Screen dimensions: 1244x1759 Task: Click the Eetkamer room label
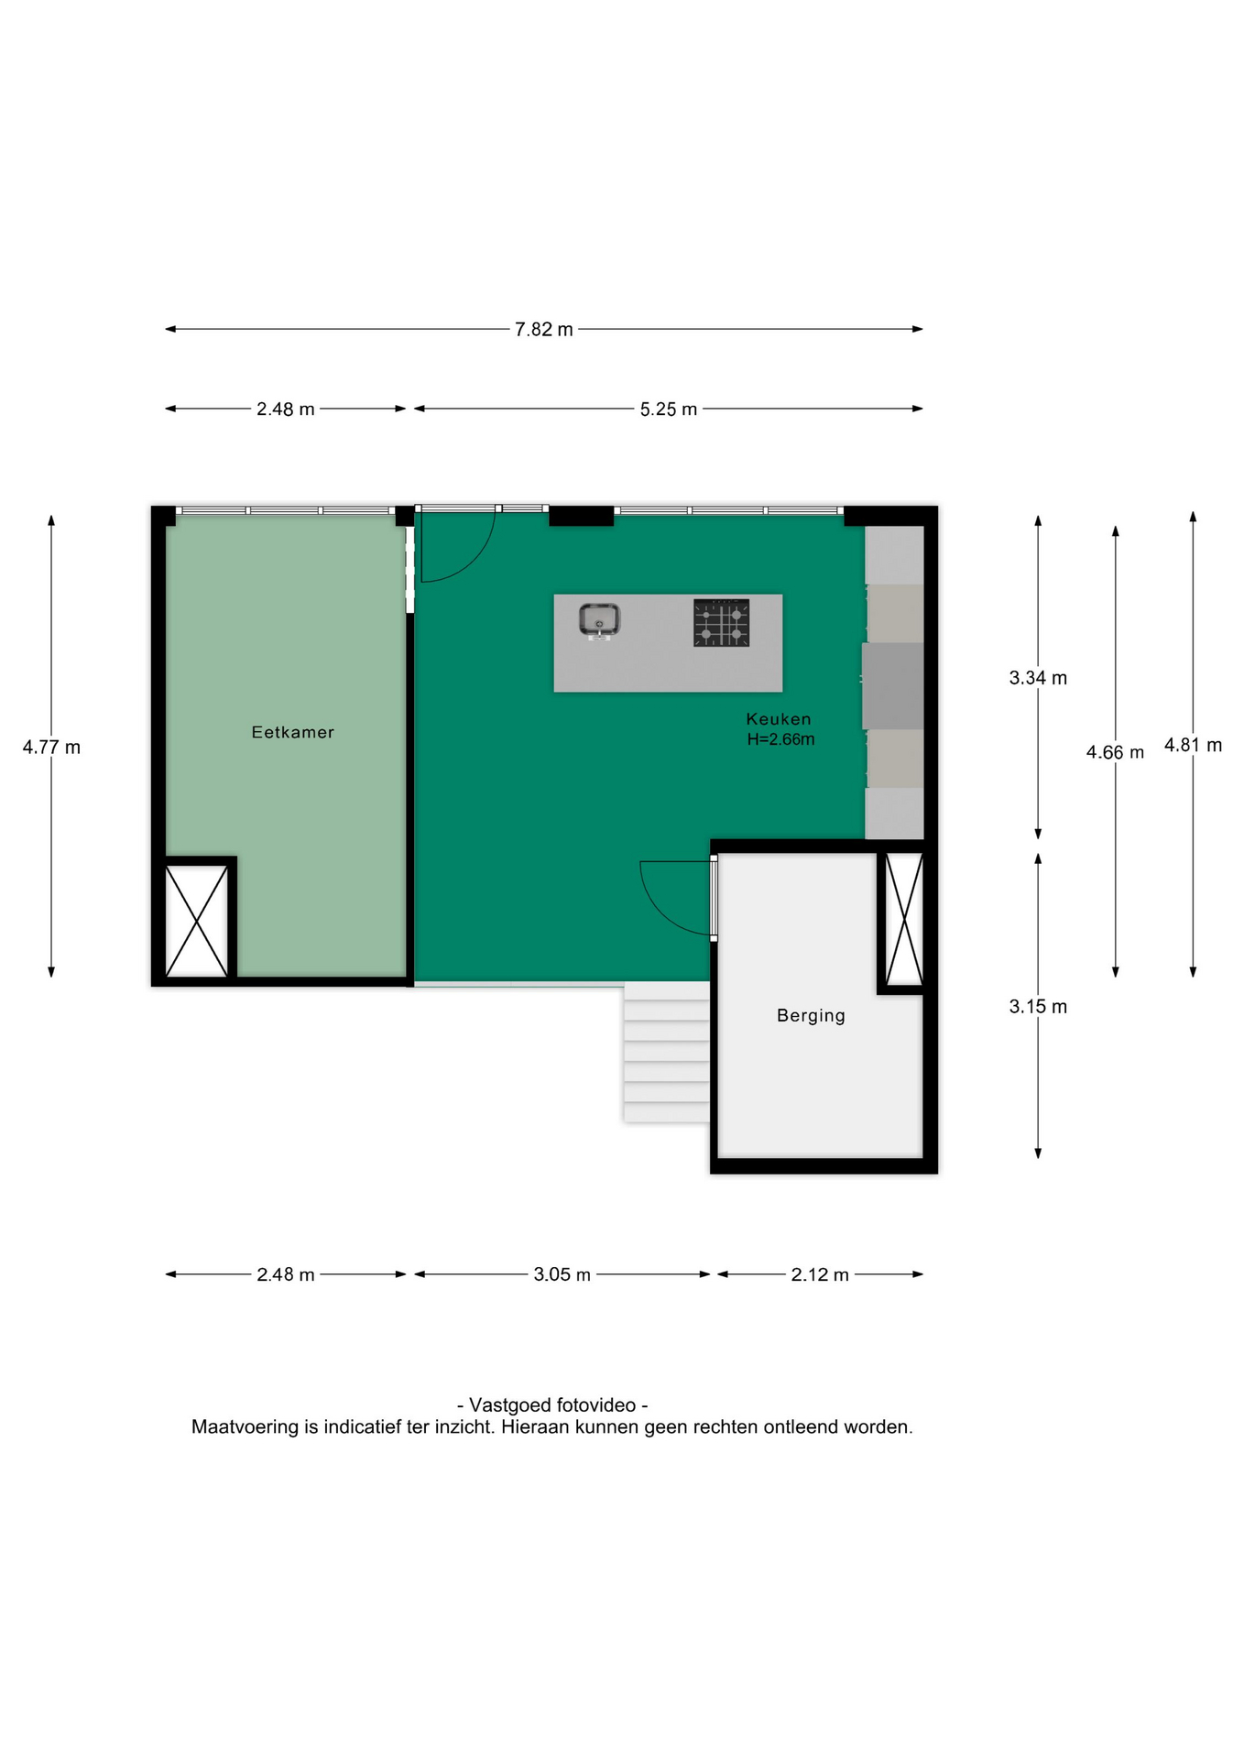(292, 732)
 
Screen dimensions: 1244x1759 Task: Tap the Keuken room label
(779, 719)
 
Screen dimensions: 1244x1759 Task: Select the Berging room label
(811, 1015)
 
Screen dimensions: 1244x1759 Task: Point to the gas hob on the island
(721, 622)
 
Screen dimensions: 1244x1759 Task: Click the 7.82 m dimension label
(544, 330)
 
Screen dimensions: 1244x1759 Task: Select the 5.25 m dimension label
(669, 410)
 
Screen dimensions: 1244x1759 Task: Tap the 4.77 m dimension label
(51, 748)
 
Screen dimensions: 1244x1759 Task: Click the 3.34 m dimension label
(1038, 678)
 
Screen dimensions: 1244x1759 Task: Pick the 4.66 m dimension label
(1115, 753)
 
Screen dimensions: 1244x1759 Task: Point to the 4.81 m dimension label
(1193, 746)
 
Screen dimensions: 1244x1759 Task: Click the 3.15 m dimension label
(1038, 1007)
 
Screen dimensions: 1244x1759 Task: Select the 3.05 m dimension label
(562, 1274)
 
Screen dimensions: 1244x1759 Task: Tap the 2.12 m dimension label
(820, 1274)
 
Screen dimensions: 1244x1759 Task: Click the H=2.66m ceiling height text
(780, 739)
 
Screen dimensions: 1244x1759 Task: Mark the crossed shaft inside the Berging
(904, 919)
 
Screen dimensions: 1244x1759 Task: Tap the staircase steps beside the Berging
(667, 1053)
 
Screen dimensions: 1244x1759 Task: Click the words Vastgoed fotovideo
(552, 1405)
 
